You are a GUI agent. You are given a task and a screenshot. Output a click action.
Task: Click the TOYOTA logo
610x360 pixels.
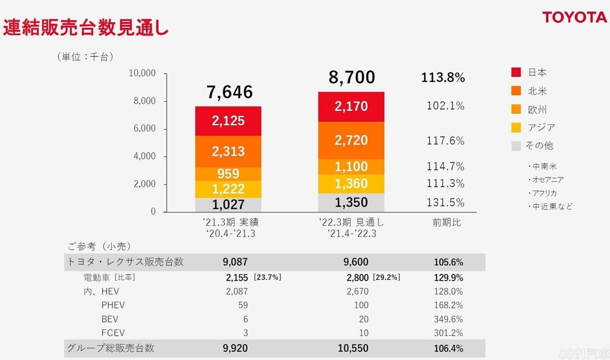pos(574,17)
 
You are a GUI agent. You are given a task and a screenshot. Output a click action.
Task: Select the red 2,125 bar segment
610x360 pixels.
pos(229,121)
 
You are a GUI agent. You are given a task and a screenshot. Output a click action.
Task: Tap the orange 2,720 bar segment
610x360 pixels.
pos(351,140)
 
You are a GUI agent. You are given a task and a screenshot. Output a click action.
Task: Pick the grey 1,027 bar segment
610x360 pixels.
pos(229,205)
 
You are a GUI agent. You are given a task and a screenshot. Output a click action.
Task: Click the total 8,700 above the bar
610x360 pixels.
pos(352,77)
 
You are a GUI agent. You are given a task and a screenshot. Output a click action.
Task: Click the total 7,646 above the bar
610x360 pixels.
pos(229,92)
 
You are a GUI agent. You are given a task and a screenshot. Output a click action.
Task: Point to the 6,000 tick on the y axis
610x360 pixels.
pos(144,129)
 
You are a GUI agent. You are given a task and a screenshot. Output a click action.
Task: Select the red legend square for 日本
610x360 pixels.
pos(516,73)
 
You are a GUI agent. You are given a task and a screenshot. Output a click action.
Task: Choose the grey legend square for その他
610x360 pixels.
pos(516,146)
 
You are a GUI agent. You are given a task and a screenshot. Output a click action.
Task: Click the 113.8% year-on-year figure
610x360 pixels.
pos(443,78)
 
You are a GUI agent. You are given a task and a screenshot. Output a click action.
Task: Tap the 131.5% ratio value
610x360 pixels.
pos(445,203)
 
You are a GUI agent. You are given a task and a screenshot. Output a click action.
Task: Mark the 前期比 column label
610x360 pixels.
pos(446,223)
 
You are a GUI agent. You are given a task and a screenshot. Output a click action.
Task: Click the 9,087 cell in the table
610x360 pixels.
pos(235,262)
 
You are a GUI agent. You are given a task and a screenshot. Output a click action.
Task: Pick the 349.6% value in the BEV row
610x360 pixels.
pos(449,319)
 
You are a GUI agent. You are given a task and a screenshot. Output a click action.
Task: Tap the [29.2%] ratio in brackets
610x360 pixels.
pos(386,278)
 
